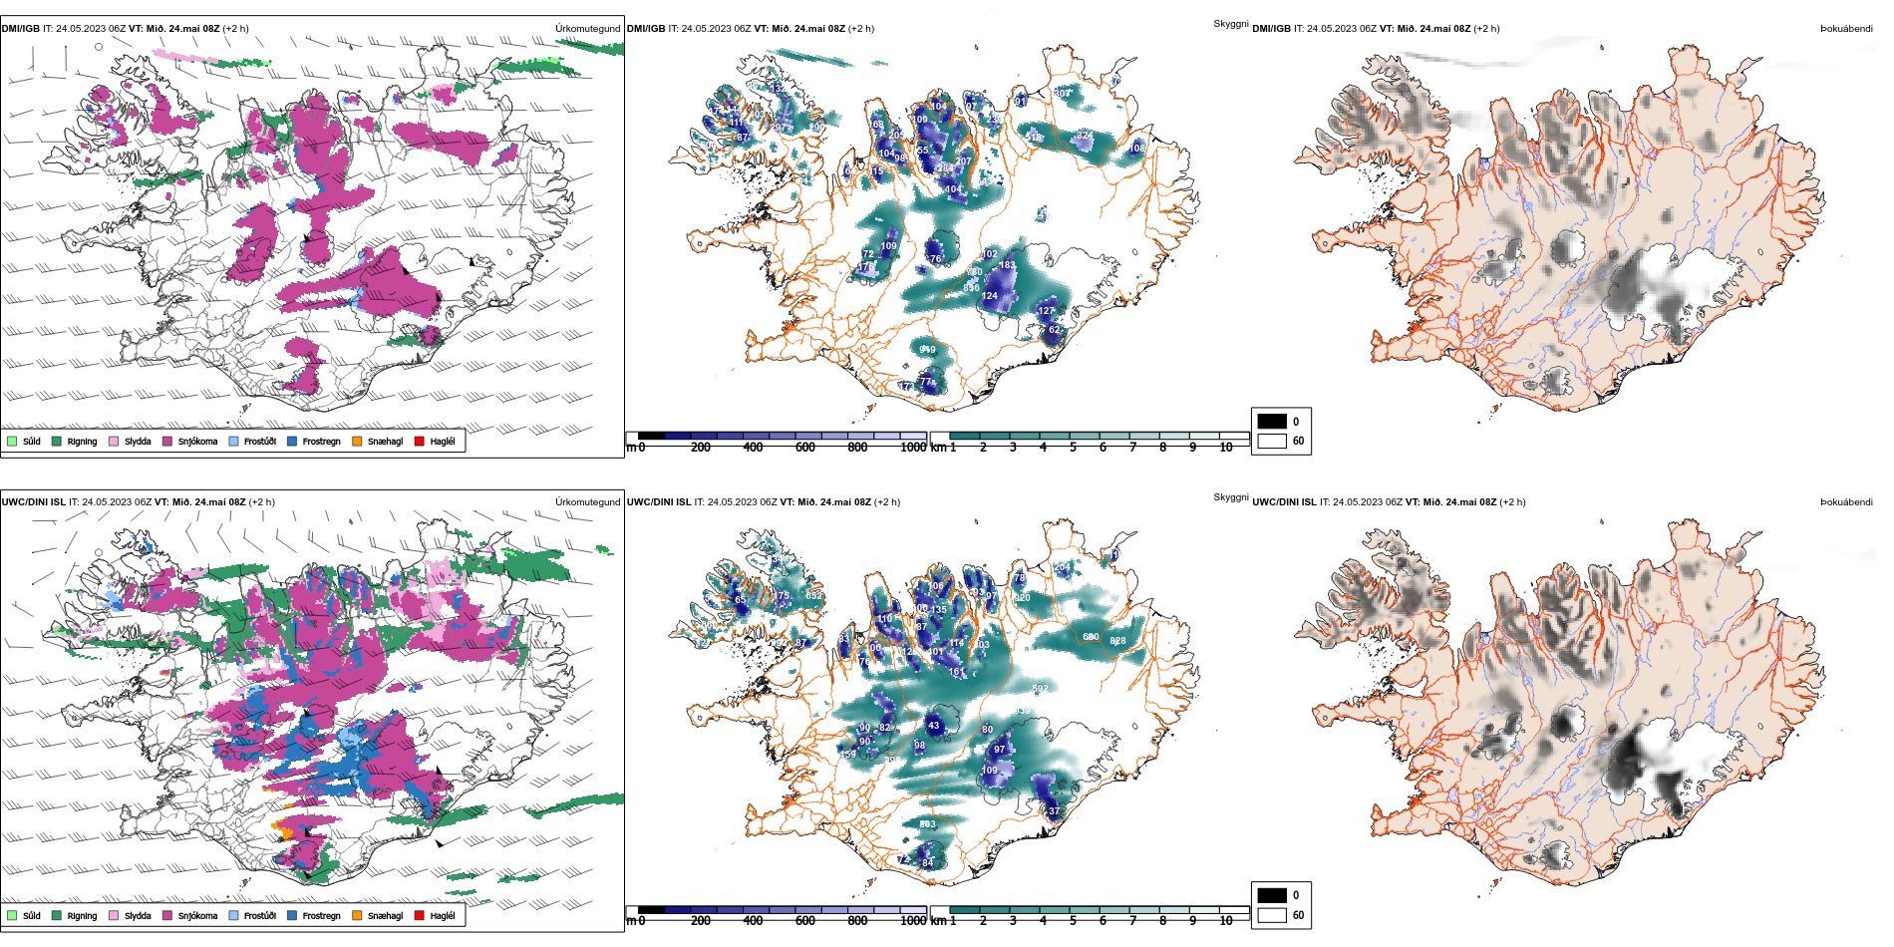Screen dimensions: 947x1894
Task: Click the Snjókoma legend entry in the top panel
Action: [x=197, y=442]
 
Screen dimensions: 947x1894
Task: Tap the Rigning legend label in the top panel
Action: [x=82, y=442]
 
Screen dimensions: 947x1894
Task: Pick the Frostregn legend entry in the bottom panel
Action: [x=321, y=916]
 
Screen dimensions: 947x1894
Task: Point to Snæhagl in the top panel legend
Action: [x=385, y=442]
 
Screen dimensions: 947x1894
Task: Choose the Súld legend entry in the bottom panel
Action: [x=31, y=916]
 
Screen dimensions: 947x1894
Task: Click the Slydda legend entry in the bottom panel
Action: [x=138, y=916]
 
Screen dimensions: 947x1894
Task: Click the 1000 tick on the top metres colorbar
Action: [x=913, y=448]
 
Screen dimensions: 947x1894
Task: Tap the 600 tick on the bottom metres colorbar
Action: [x=805, y=921]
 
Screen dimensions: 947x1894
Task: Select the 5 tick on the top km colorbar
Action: [x=1073, y=448]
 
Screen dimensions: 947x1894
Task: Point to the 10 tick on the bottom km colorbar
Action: [x=1226, y=921]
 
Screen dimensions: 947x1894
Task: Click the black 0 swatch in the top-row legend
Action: [x=1272, y=422]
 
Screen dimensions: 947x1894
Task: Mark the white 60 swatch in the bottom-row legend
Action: [x=1272, y=915]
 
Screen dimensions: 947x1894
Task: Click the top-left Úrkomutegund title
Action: [x=587, y=29]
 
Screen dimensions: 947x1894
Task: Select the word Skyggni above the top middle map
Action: [x=1230, y=24]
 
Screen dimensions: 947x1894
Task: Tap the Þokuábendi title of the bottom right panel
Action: [x=1846, y=502]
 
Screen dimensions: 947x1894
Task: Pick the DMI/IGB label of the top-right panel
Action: [x=1271, y=29]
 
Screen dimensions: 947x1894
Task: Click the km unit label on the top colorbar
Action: [x=938, y=448]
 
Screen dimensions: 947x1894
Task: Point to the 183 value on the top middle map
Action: [x=1008, y=265]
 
